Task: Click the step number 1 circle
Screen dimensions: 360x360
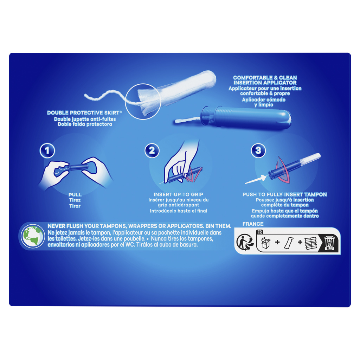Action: pyautogui.click(x=47, y=150)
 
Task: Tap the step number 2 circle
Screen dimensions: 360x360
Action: pyautogui.click(x=152, y=150)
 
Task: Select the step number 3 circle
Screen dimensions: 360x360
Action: pyautogui.click(x=258, y=150)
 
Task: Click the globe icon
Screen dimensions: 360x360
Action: pyautogui.click(x=33, y=236)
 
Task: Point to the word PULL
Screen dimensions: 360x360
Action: pyautogui.click(x=75, y=195)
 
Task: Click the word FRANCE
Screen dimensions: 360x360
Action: pyautogui.click(x=253, y=224)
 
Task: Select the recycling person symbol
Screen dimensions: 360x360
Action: pyautogui.click(x=245, y=243)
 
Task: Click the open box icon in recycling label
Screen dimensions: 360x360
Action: pyautogui.click(x=266, y=243)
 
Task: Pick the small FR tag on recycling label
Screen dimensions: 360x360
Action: pyautogui.click(x=260, y=232)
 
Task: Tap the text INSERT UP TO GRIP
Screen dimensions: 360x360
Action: pyautogui.click(x=178, y=194)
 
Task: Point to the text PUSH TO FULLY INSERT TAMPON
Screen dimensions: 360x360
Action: pyautogui.click(x=285, y=194)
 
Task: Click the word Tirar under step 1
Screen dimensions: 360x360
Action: pyautogui.click(x=75, y=206)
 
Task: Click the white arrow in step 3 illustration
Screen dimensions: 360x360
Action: pyautogui.click(x=255, y=179)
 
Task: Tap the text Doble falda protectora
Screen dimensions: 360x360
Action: pyautogui.click(x=85, y=124)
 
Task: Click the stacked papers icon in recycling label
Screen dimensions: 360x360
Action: pyautogui.click(x=310, y=243)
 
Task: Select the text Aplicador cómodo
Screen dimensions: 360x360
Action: pyautogui.click(x=264, y=99)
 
